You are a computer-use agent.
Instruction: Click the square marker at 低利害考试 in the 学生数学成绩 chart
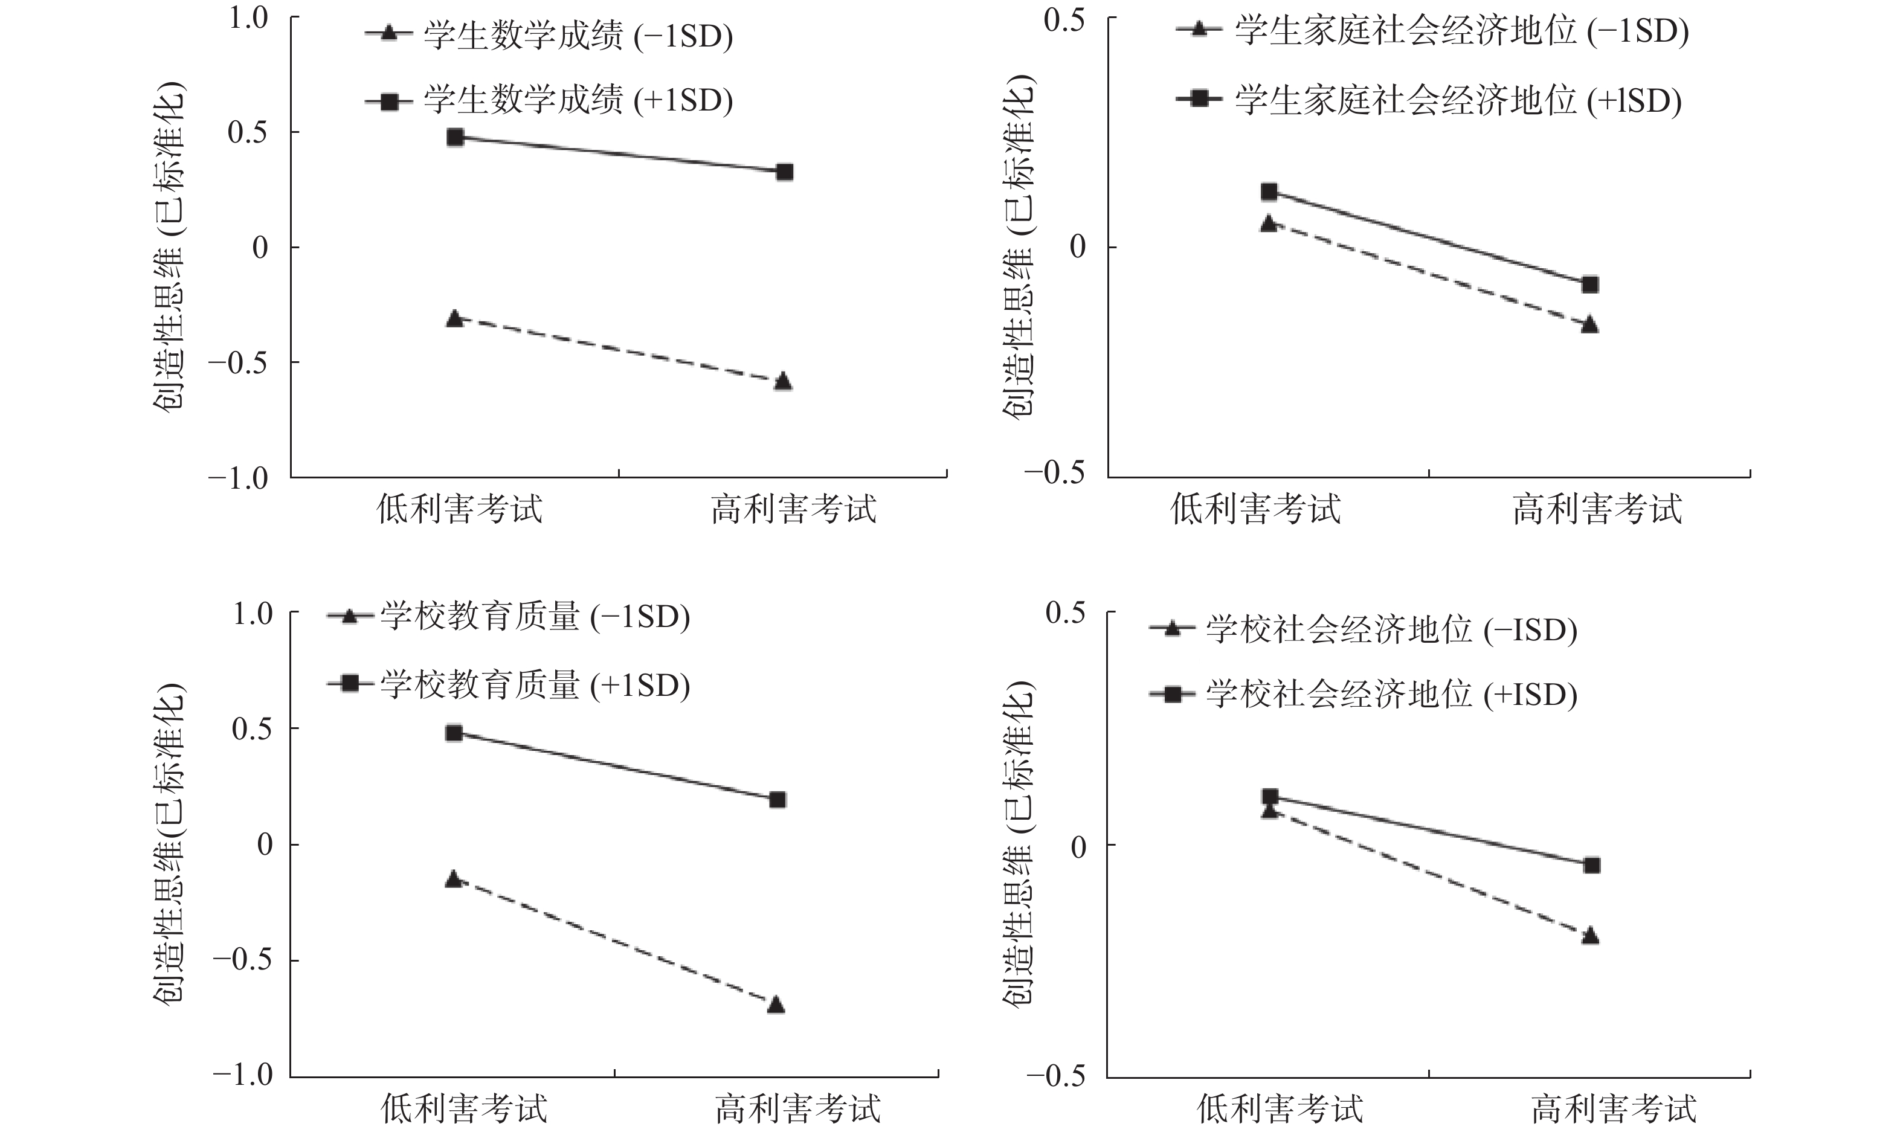[x=455, y=138]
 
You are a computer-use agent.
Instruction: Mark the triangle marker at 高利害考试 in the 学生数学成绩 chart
[x=782, y=382]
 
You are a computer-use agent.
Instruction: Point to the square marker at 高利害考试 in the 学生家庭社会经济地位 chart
[x=1590, y=285]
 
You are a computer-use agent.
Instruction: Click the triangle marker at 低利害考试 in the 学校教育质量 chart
[x=454, y=879]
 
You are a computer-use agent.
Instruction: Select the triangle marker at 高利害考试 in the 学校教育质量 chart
[x=776, y=1004]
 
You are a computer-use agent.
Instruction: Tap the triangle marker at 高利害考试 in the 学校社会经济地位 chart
[x=1590, y=936]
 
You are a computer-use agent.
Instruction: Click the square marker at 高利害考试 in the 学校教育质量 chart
[x=777, y=800]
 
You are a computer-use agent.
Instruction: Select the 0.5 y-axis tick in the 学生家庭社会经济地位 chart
[x=1064, y=20]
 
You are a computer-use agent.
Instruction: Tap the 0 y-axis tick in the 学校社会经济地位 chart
[x=1078, y=846]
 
